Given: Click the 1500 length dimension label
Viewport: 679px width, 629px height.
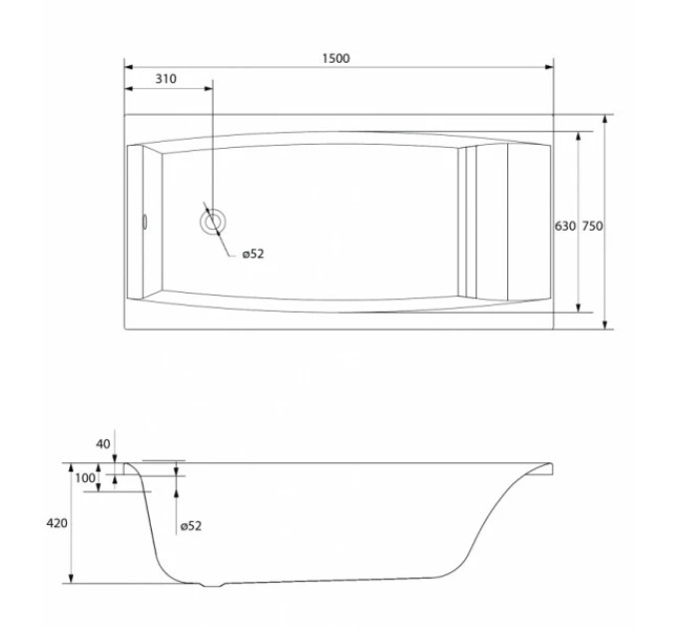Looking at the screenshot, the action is [x=337, y=58].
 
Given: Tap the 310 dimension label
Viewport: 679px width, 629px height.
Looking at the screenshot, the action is [x=167, y=79].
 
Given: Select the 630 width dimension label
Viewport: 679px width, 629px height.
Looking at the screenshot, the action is [x=565, y=226].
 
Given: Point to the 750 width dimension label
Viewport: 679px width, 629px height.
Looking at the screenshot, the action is [x=592, y=226].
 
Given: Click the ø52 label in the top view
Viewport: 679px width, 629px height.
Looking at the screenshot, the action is [x=253, y=254].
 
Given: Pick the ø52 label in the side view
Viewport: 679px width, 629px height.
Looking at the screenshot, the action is [x=191, y=526].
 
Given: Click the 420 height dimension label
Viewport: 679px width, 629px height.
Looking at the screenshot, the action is [x=57, y=523].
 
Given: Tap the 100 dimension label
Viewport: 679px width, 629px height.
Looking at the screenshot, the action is [x=85, y=478].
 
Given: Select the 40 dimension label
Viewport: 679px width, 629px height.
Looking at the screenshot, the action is [x=103, y=443].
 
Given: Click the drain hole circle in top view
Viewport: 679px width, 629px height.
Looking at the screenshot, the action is [x=213, y=222].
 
